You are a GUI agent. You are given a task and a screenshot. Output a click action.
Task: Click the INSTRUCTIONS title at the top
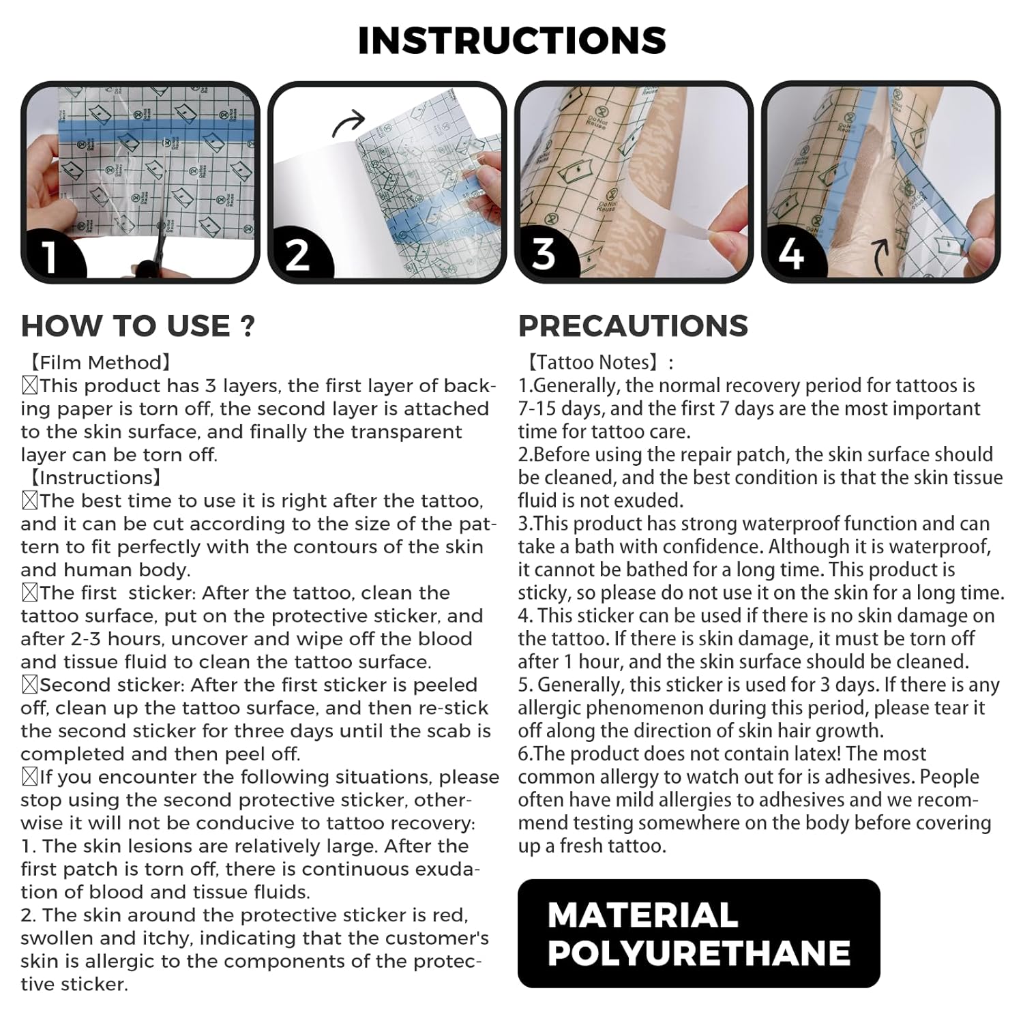(x=512, y=40)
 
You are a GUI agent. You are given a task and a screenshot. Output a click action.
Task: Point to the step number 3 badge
(x=544, y=254)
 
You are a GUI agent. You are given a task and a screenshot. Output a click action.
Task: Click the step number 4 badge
(x=791, y=254)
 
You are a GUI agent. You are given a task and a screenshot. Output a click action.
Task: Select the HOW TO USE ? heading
(x=138, y=326)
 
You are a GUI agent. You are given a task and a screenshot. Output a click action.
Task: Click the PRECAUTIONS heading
(x=633, y=326)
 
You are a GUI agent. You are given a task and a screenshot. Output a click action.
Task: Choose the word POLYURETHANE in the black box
(x=698, y=953)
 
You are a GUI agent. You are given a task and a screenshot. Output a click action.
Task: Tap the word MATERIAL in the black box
(x=642, y=915)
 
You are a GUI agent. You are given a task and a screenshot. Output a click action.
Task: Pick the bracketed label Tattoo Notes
(x=595, y=362)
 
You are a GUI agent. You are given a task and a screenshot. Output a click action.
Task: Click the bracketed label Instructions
(x=95, y=477)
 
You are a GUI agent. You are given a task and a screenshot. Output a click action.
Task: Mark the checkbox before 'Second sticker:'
(x=30, y=685)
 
